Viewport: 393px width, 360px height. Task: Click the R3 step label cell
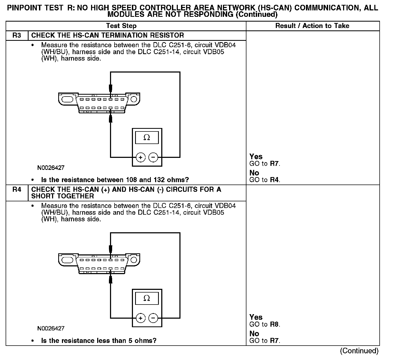(17, 35)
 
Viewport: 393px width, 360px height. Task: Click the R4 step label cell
(17, 190)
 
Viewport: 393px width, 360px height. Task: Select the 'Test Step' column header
(121, 26)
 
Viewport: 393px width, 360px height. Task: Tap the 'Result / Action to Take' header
(312, 26)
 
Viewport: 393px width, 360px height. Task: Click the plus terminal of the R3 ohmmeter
(141, 157)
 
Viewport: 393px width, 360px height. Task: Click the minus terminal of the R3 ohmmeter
(153, 157)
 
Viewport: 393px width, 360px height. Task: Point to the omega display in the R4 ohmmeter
(147, 298)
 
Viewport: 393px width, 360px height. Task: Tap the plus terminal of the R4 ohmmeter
(141, 318)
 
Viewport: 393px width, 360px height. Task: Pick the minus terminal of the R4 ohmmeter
(153, 318)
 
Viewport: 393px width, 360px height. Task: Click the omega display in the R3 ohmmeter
(147, 138)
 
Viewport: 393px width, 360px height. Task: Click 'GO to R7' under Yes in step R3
(265, 164)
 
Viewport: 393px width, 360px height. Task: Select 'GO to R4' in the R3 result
(265, 180)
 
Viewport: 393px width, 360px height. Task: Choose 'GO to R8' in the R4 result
(265, 325)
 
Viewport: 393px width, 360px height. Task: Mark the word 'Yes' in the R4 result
(256, 317)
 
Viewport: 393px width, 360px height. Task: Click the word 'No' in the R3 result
(254, 173)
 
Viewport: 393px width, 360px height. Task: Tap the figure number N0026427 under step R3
(51, 168)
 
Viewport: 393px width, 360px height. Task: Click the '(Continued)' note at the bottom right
(359, 351)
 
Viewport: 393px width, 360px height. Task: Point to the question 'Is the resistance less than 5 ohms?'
(99, 341)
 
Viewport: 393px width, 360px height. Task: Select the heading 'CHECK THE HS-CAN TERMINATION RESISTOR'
(108, 35)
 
